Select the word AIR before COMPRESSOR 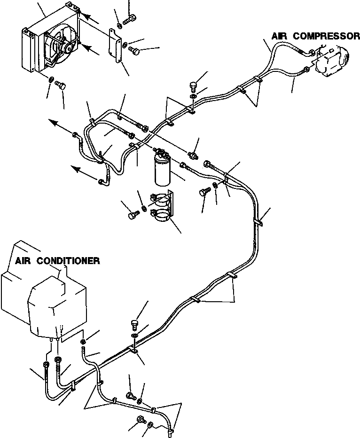click(280, 36)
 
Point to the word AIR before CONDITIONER click(24, 261)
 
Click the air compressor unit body click(332, 58)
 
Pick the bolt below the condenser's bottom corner click(60, 85)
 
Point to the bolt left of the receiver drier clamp click(133, 215)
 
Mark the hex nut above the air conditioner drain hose click(83, 341)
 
